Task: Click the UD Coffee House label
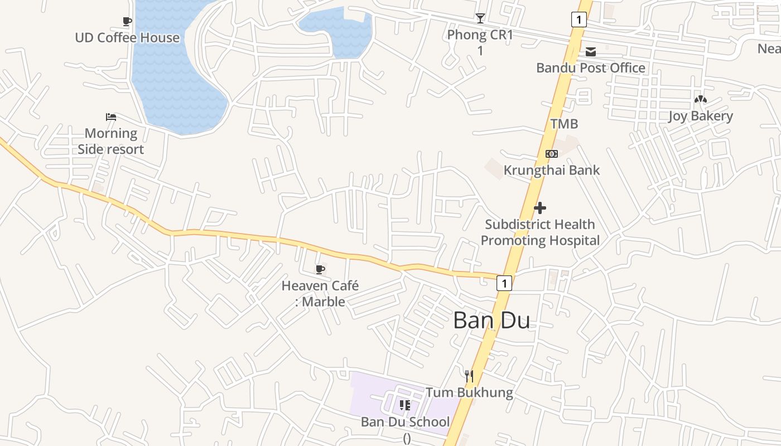coord(127,38)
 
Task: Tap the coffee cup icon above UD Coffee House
coord(127,22)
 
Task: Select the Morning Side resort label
coord(110,141)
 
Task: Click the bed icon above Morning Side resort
coord(111,117)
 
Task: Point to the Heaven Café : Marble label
coord(320,294)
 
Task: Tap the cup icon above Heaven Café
coord(320,270)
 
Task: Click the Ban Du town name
coord(491,321)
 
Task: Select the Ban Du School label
coord(405,422)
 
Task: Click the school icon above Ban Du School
coord(405,405)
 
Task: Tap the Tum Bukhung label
coord(469,392)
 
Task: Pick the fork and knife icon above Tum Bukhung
coord(469,376)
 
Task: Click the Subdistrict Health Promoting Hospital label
coord(540,232)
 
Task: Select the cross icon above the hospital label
coord(540,208)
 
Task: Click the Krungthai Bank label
coord(551,170)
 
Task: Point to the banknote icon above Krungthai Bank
coord(551,154)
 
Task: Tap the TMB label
coord(564,124)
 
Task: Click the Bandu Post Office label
coord(590,68)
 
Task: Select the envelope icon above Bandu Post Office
coord(591,52)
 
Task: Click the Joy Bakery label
coord(700,116)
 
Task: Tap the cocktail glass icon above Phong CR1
coord(480,18)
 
